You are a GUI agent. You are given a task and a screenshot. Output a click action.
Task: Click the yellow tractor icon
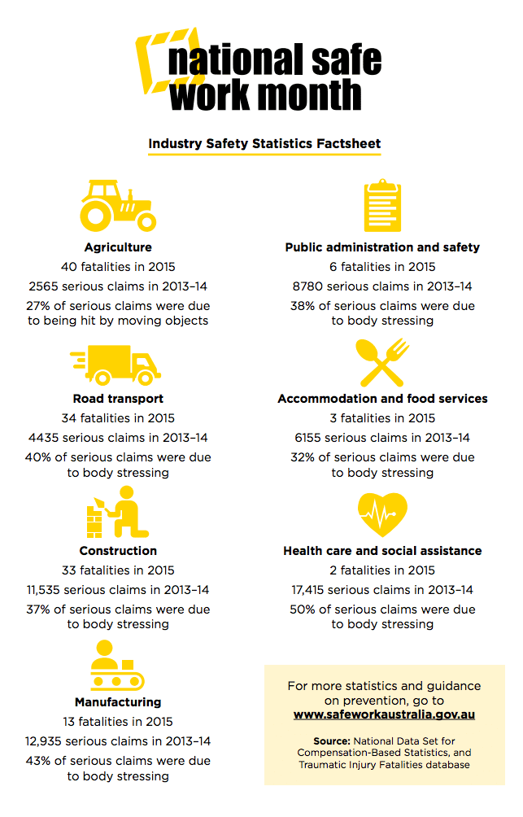coord(117,205)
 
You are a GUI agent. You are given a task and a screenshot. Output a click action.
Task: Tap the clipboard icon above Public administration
coord(382,206)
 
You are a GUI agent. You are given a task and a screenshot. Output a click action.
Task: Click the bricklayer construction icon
coord(117,513)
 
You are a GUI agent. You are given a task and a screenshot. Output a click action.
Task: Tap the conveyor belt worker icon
coord(117,665)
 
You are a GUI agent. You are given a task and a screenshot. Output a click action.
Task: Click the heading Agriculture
coord(118,247)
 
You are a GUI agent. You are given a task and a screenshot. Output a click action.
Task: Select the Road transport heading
coord(118,399)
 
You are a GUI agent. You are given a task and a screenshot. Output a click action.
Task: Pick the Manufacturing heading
coord(118,701)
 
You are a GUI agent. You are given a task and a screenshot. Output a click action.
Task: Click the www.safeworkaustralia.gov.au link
coord(384,714)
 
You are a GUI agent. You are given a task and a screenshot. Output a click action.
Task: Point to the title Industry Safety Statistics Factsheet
coord(264,144)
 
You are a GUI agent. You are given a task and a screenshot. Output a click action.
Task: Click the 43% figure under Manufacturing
coord(40,761)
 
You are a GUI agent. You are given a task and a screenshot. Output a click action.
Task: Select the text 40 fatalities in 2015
coord(118,267)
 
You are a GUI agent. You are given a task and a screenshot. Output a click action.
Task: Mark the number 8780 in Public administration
coord(308,286)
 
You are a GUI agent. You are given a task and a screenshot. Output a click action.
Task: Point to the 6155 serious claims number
coord(309,438)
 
